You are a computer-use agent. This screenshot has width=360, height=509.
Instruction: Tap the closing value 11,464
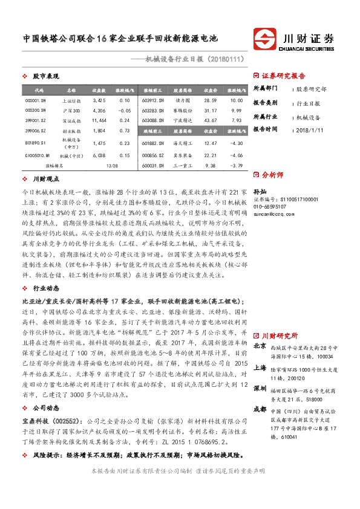(99, 121)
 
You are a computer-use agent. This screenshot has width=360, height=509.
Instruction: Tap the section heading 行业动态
(44, 288)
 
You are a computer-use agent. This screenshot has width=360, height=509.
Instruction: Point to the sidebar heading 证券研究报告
(283, 76)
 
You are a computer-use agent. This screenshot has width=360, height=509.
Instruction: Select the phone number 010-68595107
(272, 206)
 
